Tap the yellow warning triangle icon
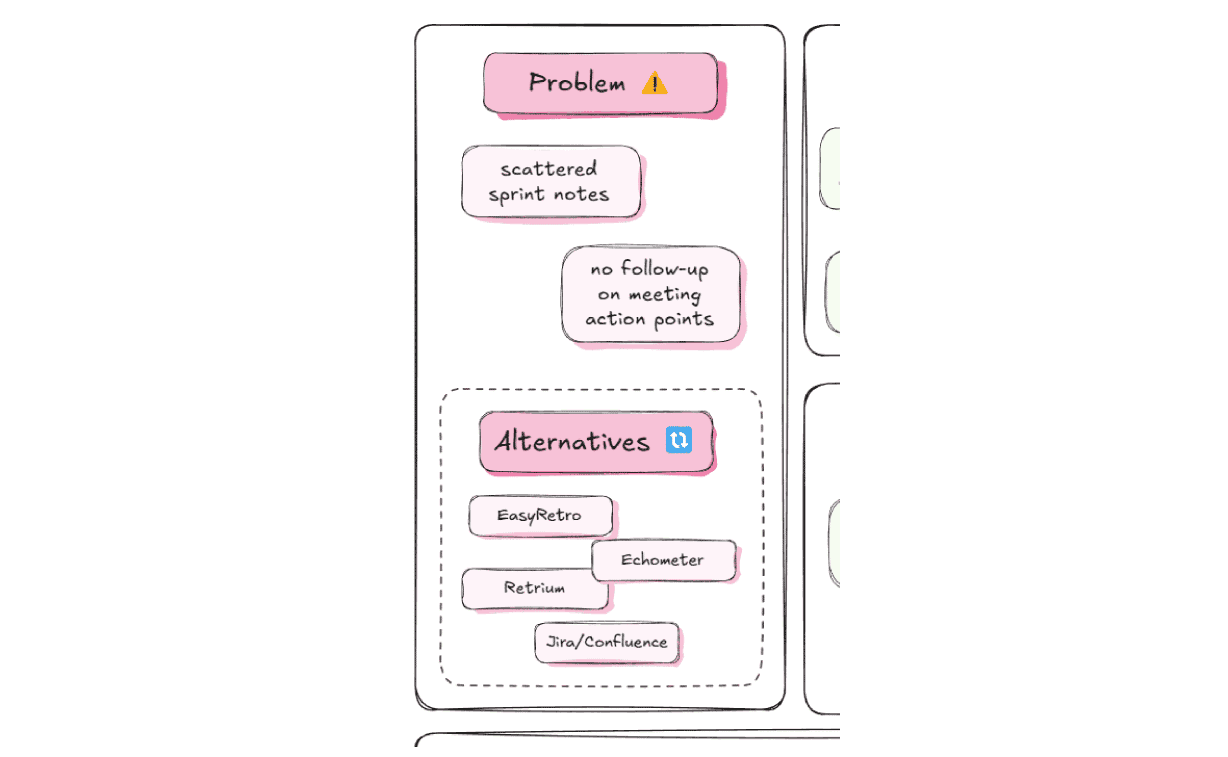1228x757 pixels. pyautogui.click(x=654, y=84)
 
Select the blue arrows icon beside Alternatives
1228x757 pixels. pyautogui.click(x=679, y=440)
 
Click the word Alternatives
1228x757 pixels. pyautogui.click(x=572, y=441)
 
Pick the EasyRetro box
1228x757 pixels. pyautogui.click(x=540, y=516)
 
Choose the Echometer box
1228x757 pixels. pyautogui.click(x=663, y=560)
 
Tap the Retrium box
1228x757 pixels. pyautogui.click(x=534, y=588)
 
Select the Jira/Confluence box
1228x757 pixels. pyautogui.click(x=606, y=642)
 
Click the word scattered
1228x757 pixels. pyautogui.click(x=549, y=169)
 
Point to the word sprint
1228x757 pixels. pyautogui.click(x=517, y=195)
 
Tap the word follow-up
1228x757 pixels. pyautogui.click(x=664, y=269)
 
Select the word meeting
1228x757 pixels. pyautogui.click(x=665, y=295)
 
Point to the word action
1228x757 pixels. pyautogui.click(x=615, y=319)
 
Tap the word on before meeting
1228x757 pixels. pyautogui.click(x=609, y=295)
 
